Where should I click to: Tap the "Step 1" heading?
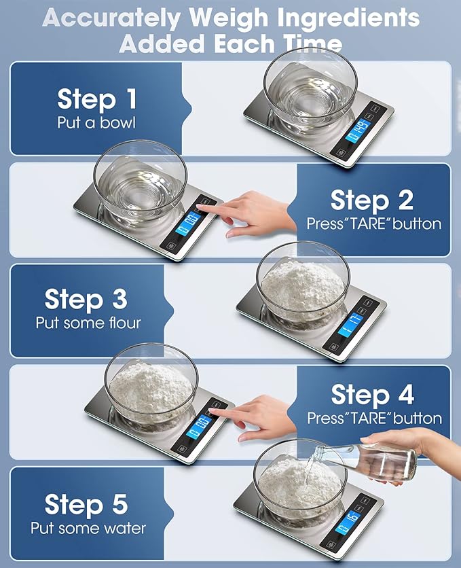(96, 99)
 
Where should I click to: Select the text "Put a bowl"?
(96, 123)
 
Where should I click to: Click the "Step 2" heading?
(371, 200)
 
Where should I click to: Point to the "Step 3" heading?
(85, 299)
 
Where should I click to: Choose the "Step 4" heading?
(371, 395)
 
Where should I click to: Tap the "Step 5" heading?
(86, 505)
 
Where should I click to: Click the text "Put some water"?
(88, 528)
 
